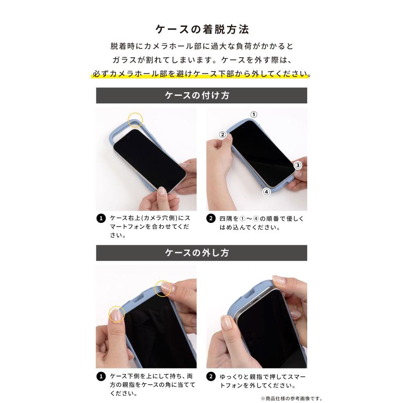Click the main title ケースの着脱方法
201,29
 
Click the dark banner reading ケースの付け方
201,96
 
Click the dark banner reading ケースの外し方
201,253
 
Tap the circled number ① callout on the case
253,115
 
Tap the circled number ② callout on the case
222,134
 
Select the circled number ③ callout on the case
297,165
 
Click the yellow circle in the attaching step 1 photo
135,120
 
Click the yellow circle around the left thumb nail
117,314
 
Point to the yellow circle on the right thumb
163,288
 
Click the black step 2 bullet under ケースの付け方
210,219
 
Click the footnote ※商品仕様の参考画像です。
291,398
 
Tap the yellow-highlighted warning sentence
201,73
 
